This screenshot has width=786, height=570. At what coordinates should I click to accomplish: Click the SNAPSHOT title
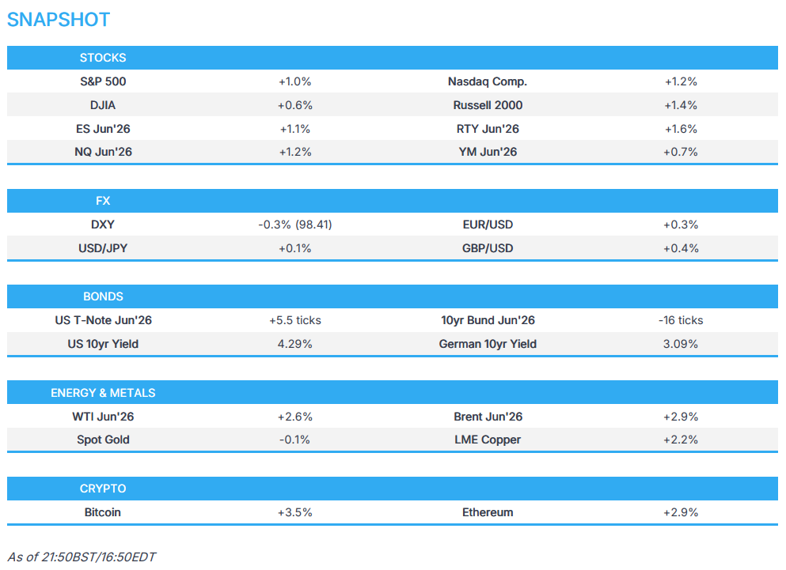click(58, 20)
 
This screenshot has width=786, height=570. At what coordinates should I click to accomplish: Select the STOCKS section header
click(103, 58)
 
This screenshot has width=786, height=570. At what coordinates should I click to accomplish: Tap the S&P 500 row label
click(103, 81)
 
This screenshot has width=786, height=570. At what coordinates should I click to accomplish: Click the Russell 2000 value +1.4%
click(681, 105)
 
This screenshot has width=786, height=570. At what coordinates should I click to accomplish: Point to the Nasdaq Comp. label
click(488, 81)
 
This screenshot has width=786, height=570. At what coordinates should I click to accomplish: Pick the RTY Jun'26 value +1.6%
click(681, 129)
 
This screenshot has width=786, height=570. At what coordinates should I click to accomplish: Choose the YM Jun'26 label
click(488, 152)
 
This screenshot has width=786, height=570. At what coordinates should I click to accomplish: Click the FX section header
click(103, 201)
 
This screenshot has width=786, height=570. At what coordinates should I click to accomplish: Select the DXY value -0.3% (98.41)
click(294, 225)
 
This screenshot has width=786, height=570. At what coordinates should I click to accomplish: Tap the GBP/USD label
click(488, 248)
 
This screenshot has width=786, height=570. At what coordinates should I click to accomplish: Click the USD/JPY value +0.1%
click(294, 248)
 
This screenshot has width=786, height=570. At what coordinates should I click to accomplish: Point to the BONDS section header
click(103, 296)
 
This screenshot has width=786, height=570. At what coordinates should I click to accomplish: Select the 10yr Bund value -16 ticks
click(681, 320)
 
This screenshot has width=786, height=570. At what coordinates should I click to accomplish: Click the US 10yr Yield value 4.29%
click(294, 344)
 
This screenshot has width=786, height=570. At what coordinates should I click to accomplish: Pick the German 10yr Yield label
click(488, 344)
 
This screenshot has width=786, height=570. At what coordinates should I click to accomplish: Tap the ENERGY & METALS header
click(103, 393)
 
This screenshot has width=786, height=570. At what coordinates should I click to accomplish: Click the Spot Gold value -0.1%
click(294, 440)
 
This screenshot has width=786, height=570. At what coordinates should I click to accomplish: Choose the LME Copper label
click(488, 440)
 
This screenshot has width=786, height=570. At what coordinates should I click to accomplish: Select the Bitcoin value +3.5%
click(294, 512)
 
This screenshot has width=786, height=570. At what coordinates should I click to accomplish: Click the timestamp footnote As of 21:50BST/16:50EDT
click(82, 557)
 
